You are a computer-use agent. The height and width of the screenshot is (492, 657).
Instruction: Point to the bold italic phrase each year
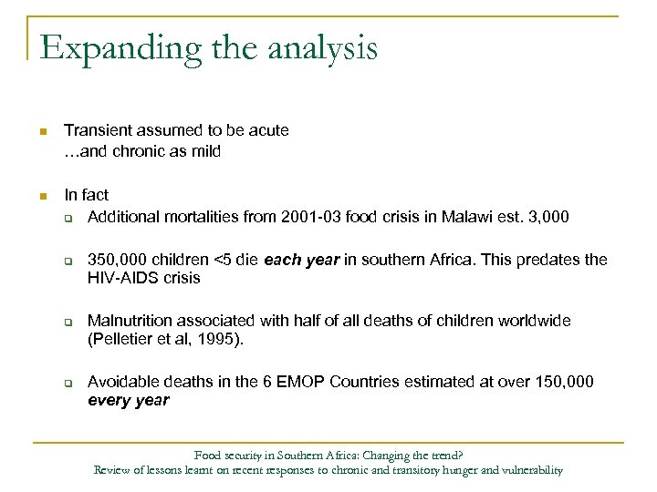[300, 260]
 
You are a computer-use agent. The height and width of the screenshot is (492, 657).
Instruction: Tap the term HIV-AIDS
[125, 279]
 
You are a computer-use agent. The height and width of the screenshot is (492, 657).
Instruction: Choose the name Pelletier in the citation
[121, 340]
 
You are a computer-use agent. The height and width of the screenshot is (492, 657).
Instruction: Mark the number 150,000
[562, 382]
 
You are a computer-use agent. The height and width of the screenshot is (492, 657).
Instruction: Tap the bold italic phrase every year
[128, 401]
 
